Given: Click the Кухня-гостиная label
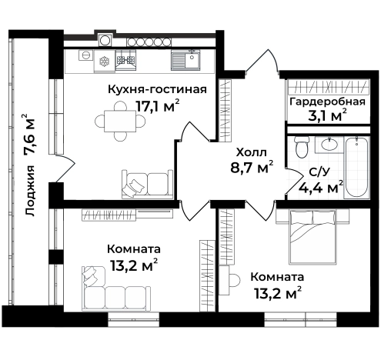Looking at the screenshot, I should click(x=157, y=89).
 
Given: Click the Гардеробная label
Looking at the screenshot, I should click(x=326, y=102).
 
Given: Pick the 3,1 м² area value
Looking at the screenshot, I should click(x=327, y=117).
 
